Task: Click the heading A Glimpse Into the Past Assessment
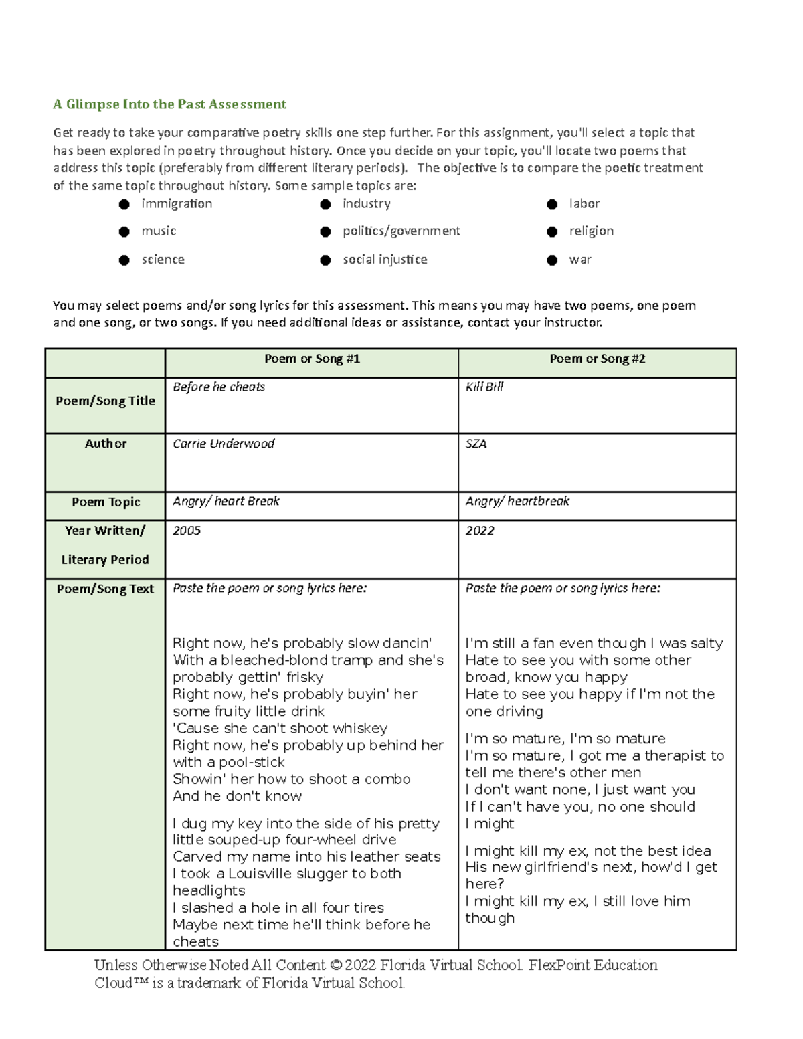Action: [x=169, y=104]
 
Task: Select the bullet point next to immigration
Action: [x=124, y=204]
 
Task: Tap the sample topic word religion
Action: [x=591, y=231]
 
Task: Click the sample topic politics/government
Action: [x=401, y=231]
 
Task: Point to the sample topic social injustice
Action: [x=385, y=259]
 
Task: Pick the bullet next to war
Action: [x=552, y=260]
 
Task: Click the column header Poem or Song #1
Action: [x=312, y=359]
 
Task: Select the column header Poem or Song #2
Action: [x=597, y=359]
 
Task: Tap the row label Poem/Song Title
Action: [x=105, y=401]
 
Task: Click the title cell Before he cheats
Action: [x=219, y=387]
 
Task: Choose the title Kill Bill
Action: [x=484, y=387]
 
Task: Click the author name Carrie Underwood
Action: [x=224, y=444]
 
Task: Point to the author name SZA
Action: [x=476, y=444]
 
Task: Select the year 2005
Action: [x=187, y=531]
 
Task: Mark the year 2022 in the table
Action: [x=480, y=531]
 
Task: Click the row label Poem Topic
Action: [x=106, y=502]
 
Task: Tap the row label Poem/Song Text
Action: [x=105, y=589]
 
